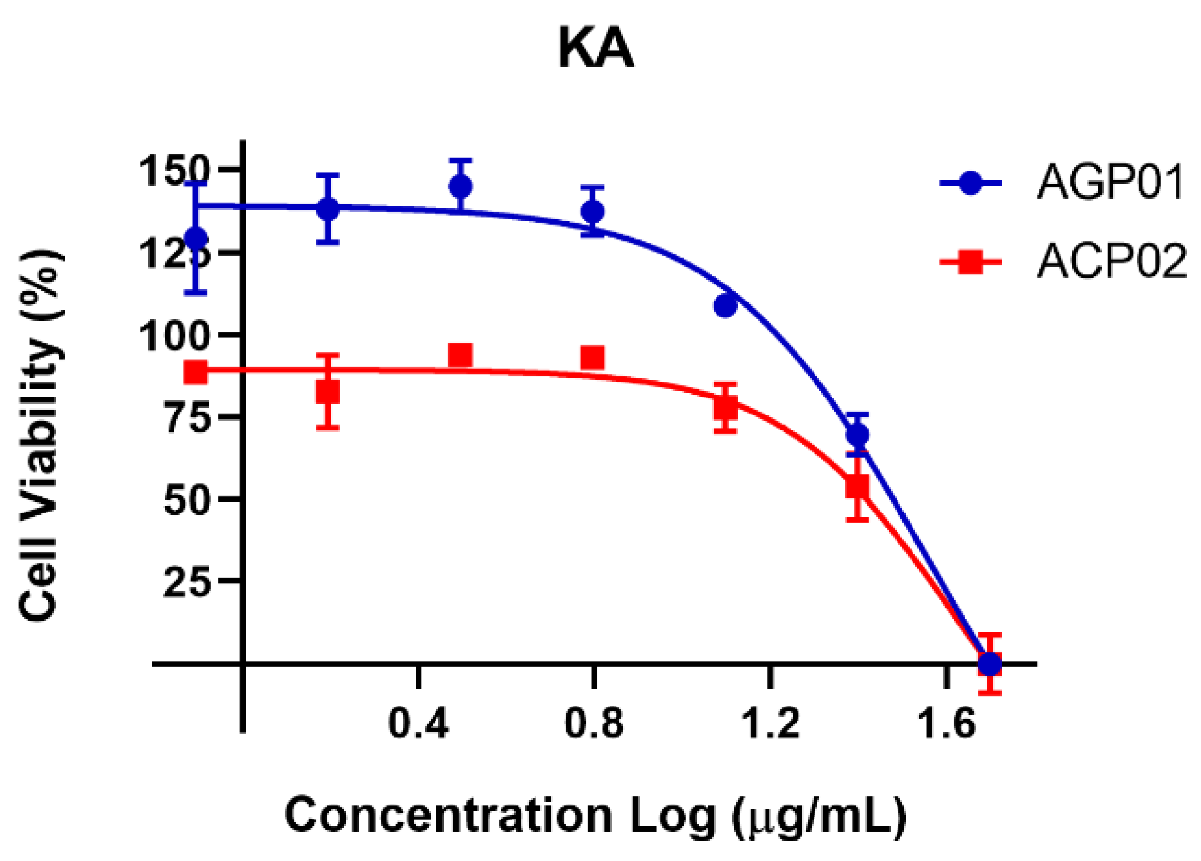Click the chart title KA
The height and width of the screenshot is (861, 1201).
595,50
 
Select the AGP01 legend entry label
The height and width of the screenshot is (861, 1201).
1110,182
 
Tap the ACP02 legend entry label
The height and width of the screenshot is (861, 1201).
1111,262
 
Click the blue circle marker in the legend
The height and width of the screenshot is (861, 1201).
970,183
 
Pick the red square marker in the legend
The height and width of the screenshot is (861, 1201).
970,263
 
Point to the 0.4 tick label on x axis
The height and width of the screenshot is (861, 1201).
418,724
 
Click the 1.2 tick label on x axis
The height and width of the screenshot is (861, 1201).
771,724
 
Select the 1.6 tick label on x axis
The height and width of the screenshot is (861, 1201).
946,724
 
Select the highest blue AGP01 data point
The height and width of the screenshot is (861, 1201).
461,187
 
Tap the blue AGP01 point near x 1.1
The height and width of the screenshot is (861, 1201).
725,305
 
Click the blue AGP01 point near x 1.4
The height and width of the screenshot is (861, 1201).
857,434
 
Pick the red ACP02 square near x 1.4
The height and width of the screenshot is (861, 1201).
857,487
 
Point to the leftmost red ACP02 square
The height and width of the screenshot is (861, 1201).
196,372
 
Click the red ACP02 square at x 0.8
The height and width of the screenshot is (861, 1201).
593,358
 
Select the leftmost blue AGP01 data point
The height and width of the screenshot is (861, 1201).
196,238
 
